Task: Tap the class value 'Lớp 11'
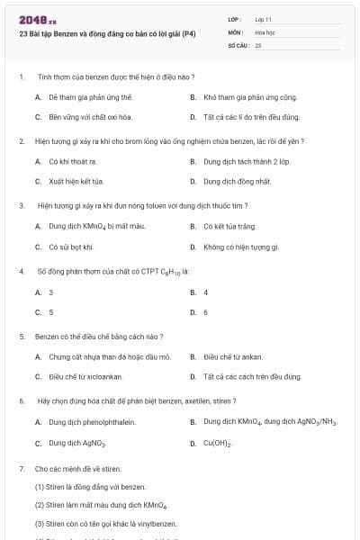264,18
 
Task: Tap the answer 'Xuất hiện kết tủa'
76,181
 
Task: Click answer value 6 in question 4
205,312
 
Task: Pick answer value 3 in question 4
51,292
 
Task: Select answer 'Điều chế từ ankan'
233,356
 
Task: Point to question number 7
21,469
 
